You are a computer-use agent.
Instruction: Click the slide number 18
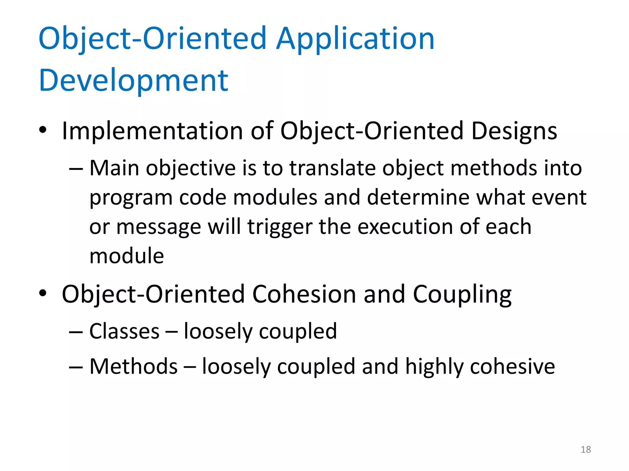(586, 450)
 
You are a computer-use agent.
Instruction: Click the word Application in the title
(355, 39)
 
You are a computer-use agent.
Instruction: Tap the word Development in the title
(134, 80)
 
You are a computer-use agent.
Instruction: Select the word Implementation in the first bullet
(153, 131)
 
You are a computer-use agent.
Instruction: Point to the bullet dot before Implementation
(43, 130)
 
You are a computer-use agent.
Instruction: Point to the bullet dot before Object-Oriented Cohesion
(43, 293)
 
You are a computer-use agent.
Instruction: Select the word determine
(418, 197)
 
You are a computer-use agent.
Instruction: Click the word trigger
(279, 227)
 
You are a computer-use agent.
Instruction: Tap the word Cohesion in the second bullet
(304, 294)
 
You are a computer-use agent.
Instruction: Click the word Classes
(124, 331)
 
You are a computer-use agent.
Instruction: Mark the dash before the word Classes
(76, 332)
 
